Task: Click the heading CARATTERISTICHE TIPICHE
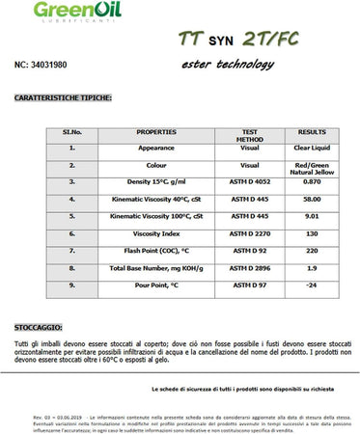[64, 97]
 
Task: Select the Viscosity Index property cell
[156, 233]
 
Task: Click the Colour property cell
[156, 165]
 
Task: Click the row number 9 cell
[71, 285]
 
